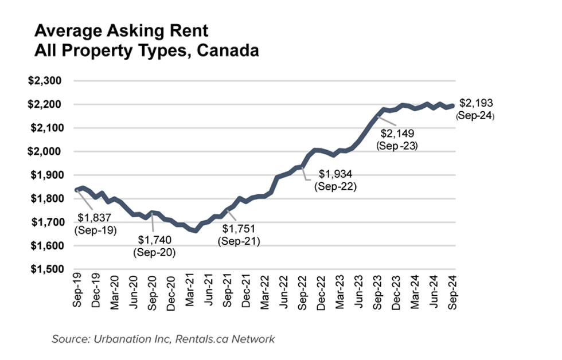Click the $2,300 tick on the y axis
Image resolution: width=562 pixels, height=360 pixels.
[45, 81]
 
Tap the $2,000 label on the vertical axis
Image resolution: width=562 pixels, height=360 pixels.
[45, 152]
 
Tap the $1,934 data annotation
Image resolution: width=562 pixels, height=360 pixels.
[335, 174]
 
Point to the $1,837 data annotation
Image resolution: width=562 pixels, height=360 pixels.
[95, 219]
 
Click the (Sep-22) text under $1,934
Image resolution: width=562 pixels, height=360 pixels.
[335, 186]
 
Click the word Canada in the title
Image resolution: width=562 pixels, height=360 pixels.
[228, 50]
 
